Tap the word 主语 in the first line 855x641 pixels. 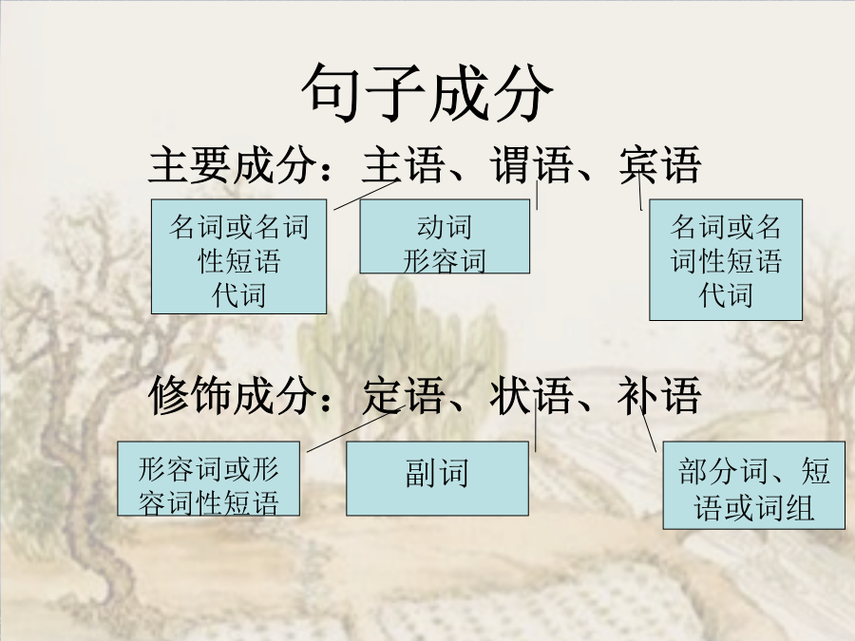[x=403, y=164]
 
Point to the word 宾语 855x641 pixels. [x=660, y=164]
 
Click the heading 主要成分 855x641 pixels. [x=233, y=164]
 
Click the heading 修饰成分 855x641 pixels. [x=233, y=395]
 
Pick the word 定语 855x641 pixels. [x=403, y=395]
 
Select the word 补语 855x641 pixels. [x=660, y=395]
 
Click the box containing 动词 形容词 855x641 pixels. [x=445, y=236]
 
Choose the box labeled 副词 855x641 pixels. [x=437, y=478]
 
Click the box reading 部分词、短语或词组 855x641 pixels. [x=753, y=485]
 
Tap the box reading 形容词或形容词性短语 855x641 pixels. [x=208, y=478]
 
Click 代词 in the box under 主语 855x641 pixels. [x=238, y=295]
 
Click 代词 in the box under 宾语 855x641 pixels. [x=726, y=295]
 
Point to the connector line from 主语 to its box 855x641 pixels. [x=365, y=195]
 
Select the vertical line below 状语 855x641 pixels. [x=536, y=424]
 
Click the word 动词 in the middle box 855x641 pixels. [x=445, y=227]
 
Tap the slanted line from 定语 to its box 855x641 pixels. [x=355, y=428]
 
